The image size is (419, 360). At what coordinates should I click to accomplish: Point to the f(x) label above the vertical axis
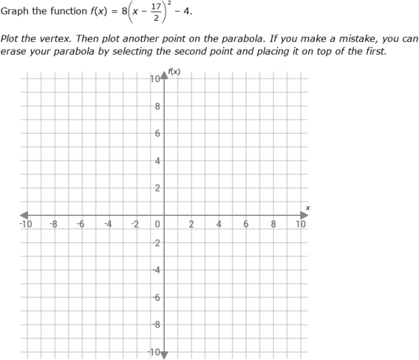point(174,71)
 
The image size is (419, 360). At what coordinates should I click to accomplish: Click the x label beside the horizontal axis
point(307,207)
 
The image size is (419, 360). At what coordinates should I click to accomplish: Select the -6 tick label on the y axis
point(156,297)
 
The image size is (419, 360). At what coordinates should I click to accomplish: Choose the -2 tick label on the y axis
point(156,243)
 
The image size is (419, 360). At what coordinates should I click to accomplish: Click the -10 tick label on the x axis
point(26,225)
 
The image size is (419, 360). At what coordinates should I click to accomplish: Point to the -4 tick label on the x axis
point(107,225)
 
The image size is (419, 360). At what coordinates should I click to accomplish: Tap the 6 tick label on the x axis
point(246,225)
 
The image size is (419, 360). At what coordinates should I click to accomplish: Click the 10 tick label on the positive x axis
point(301,225)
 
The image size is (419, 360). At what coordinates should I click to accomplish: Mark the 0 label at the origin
point(158,225)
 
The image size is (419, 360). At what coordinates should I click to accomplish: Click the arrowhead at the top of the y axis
point(164,75)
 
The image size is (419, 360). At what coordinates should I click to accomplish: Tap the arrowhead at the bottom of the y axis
point(164,354)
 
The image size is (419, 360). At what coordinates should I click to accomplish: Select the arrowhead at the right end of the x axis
point(304,215)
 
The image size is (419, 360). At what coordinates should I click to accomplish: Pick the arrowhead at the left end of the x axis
point(24,215)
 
